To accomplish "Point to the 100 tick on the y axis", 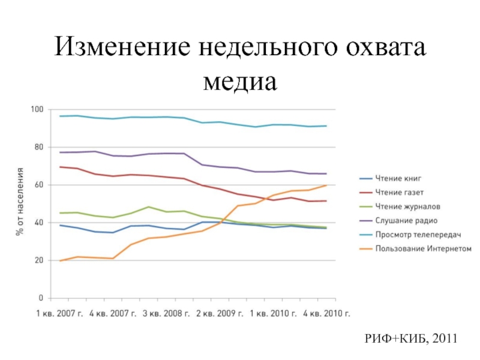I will (37, 109).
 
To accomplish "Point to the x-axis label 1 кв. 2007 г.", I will (62, 313).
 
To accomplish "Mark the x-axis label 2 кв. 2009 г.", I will (220, 313).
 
